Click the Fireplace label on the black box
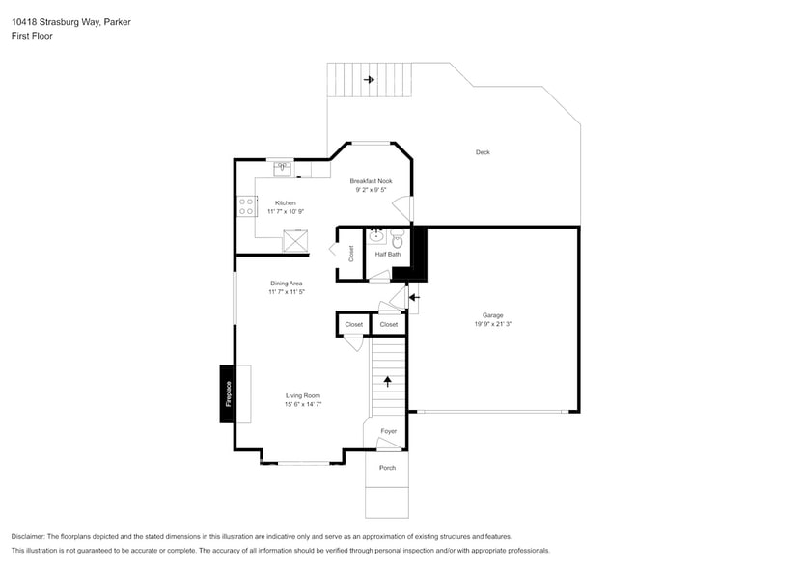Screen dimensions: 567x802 point(229,393)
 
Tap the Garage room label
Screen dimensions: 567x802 point(492,315)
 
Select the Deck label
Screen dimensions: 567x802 point(483,152)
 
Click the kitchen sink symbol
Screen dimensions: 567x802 point(283,170)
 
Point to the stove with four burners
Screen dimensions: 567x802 point(246,205)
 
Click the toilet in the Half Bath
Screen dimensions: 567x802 point(397,238)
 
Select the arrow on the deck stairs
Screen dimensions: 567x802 point(368,80)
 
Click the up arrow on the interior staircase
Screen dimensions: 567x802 point(388,381)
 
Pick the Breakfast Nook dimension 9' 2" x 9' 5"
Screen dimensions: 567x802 point(371,190)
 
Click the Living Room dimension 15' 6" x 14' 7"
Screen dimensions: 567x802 point(303,405)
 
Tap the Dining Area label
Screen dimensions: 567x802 point(287,283)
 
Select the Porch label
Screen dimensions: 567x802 point(387,468)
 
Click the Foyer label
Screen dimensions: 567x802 point(388,431)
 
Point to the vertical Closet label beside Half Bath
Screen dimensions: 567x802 point(351,254)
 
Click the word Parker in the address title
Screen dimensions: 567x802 point(118,19)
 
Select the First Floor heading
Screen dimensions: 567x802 point(32,35)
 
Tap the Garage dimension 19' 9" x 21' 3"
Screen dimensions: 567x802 point(492,324)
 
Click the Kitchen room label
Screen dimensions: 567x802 point(286,202)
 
